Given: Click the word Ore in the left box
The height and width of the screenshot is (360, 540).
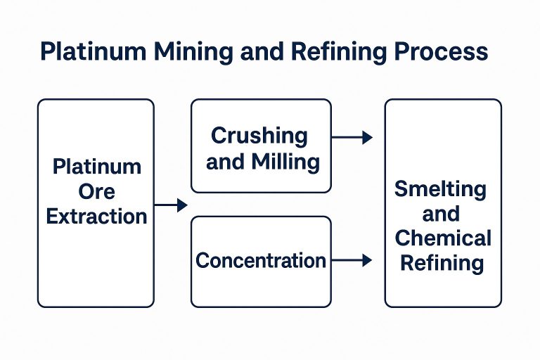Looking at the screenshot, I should [x=97, y=191].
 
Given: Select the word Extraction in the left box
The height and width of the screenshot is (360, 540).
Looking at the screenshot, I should [x=97, y=215].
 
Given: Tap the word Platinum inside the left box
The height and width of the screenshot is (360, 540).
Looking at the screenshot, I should [x=97, y=167].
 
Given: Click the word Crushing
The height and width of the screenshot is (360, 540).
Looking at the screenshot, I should [x=259, y=135].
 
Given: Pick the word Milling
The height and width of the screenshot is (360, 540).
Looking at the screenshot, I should [x=288, y=162].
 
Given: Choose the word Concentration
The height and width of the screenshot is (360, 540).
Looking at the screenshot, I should [x=261, y=261].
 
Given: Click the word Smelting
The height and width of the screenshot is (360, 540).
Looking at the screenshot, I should [x=440, y=188].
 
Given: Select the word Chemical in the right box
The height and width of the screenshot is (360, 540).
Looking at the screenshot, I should [x=443, y=238].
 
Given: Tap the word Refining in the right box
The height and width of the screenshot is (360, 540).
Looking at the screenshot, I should [x=443, y=263].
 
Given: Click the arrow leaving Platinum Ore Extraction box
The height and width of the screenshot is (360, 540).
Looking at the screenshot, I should [x=171, y=205].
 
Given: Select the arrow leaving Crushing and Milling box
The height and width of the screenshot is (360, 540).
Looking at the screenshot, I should [x=351, y=137].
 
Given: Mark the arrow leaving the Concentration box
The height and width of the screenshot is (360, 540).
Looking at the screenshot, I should [x=351, y=260].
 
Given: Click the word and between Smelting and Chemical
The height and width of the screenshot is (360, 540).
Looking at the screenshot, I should [x=441, y=213].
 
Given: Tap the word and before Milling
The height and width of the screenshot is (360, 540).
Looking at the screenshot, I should [x=225, y=162].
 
